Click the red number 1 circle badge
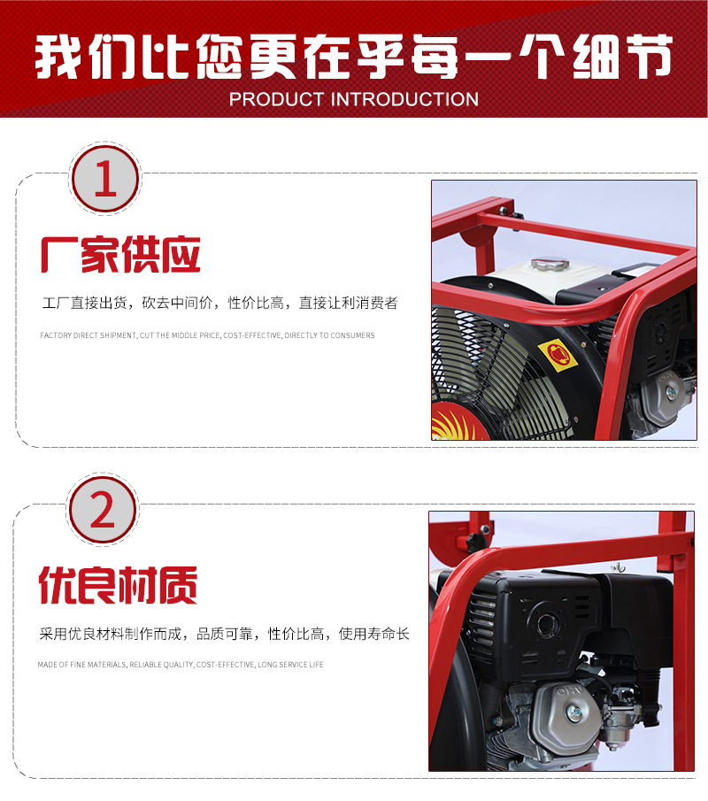(105, 179)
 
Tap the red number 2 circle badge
(102, 510)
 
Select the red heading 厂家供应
(120, 254)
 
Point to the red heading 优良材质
(118, 585)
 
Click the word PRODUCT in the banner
(276, 99)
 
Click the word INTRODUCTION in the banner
(405, 99)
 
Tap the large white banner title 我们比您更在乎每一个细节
(353, 56)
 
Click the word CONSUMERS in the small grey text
(352, 335)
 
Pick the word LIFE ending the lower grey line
(316, 664)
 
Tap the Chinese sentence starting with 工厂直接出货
(219, 303)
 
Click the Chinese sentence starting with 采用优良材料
(224, 634)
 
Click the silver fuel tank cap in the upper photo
(550, 264)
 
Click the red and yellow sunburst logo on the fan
(451, 422)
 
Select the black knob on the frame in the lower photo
(477, 542)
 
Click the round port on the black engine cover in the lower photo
(547, 622)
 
